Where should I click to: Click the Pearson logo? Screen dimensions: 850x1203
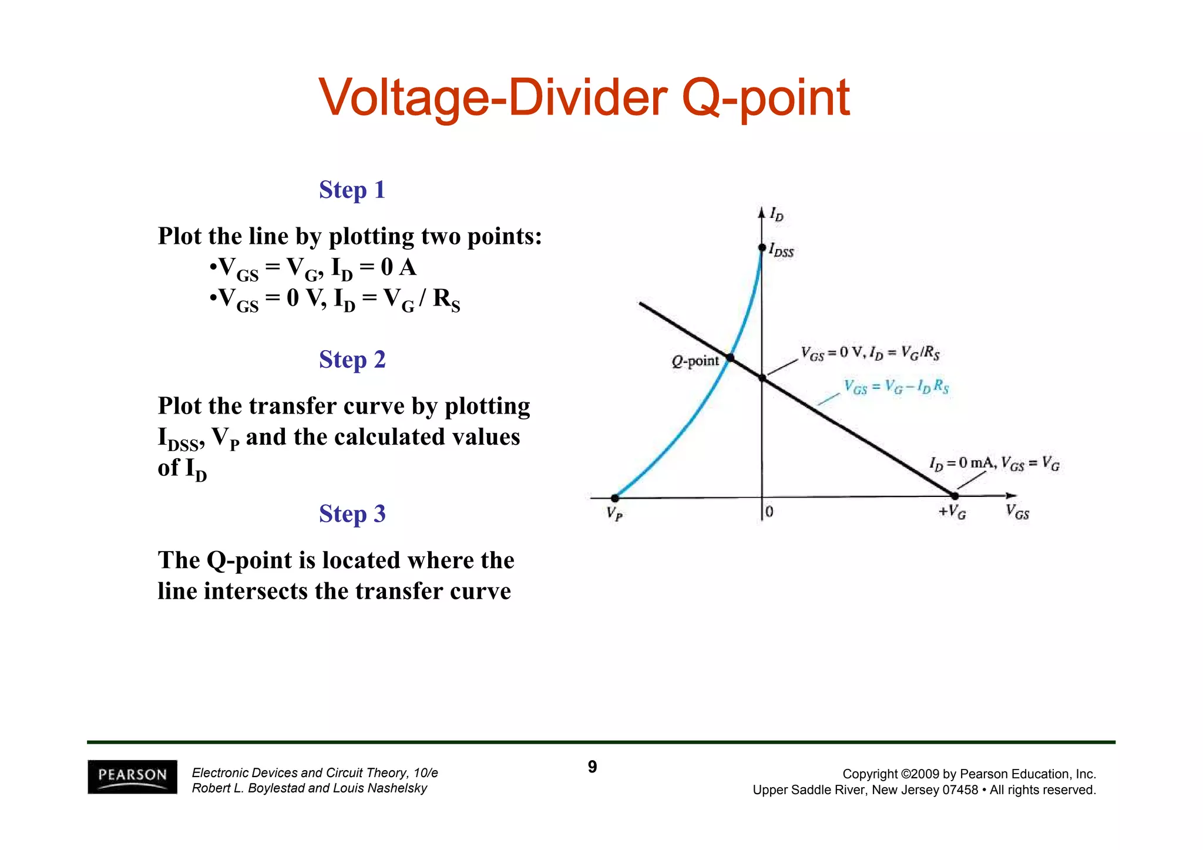132,776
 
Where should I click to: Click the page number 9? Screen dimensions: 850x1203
592,767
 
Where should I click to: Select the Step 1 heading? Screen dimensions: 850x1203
352,190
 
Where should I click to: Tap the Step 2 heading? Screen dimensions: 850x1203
352,360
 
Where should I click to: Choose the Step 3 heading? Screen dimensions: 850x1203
352,513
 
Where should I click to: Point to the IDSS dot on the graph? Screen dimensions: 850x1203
762,248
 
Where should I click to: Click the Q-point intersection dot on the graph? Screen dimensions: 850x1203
730,358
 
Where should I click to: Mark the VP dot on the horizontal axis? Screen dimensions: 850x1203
614,498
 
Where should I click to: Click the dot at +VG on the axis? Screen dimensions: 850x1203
955,496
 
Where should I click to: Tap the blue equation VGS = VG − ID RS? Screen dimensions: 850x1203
896,387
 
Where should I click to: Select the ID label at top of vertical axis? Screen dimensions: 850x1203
777,214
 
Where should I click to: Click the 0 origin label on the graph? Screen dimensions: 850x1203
769,512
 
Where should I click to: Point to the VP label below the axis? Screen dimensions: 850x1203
614,514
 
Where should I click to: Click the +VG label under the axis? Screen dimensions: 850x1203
952,512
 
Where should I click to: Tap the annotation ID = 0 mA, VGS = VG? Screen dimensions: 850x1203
994,463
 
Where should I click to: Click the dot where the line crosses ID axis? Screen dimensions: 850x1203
762,378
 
